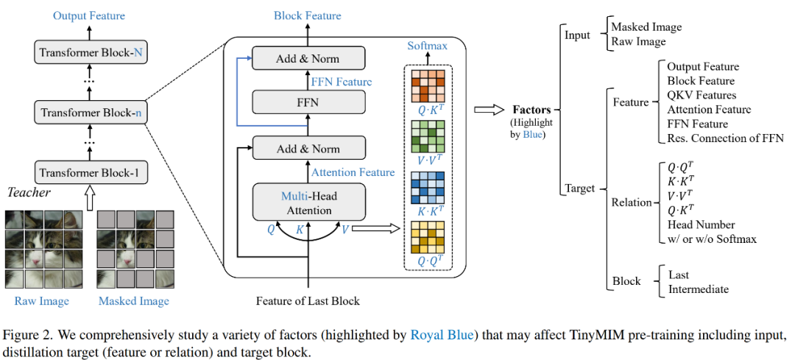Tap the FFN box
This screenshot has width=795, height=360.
pyautogui.click(x=308, y=102)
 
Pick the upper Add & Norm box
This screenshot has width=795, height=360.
pyautogui.click(x=308, y=57)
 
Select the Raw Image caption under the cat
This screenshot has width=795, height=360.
pyautogui.click(x=42, y=301)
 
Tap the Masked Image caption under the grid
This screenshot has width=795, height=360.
pyautogui.click(x=134, y=301)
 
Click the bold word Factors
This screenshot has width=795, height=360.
pyautogui.click(x=530, y=109)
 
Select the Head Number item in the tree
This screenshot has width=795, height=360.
pyautogui.click(x=701, y=224)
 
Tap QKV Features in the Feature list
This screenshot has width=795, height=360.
pyautogui.click(x=702, y=95)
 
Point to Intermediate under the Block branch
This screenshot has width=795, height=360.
pyautogui.click(x=699, y=289)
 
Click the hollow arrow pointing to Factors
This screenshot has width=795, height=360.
pyautogui.click(x=489, y=109)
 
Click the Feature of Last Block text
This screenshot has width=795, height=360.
pyautogui.click(x=308, y=301)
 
